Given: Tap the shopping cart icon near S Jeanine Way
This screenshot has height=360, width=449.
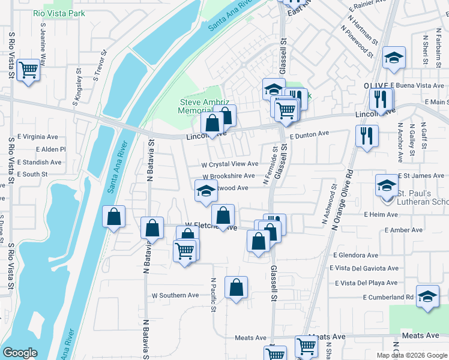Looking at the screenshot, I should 29,70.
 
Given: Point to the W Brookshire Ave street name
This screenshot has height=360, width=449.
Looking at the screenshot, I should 229,176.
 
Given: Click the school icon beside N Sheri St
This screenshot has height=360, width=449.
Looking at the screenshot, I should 394,58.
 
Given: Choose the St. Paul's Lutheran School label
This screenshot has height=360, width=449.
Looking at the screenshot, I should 423,197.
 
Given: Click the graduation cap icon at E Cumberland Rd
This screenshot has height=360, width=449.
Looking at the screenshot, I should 427,298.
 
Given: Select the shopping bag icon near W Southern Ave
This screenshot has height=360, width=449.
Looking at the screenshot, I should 237,287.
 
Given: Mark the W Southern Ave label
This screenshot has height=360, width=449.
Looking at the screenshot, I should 175,295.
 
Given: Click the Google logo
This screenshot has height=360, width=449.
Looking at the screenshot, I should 20,353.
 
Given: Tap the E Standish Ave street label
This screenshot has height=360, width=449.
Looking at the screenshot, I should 39,162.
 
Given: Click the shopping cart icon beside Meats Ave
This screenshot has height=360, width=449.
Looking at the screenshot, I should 306,346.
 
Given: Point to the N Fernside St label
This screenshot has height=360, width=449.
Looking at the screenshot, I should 268,167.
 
